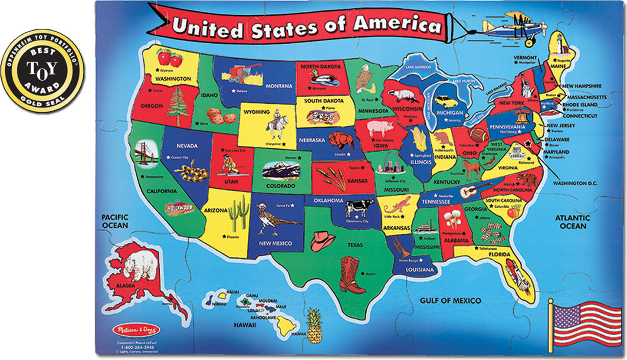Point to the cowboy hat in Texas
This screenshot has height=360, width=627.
point(322,241)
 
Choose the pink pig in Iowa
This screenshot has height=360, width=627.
point(380,128)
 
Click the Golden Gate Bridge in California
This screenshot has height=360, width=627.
point(146,154)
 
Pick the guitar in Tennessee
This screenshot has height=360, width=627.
point(476,190)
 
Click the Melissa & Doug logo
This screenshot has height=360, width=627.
point(136,330)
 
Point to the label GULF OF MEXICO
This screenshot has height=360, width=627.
point(450,300)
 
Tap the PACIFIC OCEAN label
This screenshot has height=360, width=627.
point(115,221)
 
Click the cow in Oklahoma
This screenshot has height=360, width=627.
point(359,206)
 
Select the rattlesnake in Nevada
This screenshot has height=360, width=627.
point(186,171)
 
